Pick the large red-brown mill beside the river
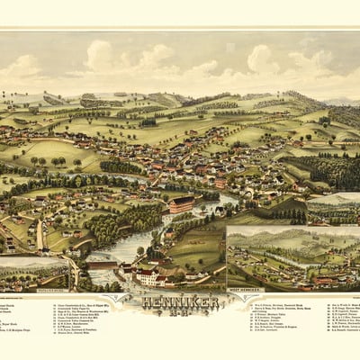tap(180, 204)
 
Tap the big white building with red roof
tap(148, 274)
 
